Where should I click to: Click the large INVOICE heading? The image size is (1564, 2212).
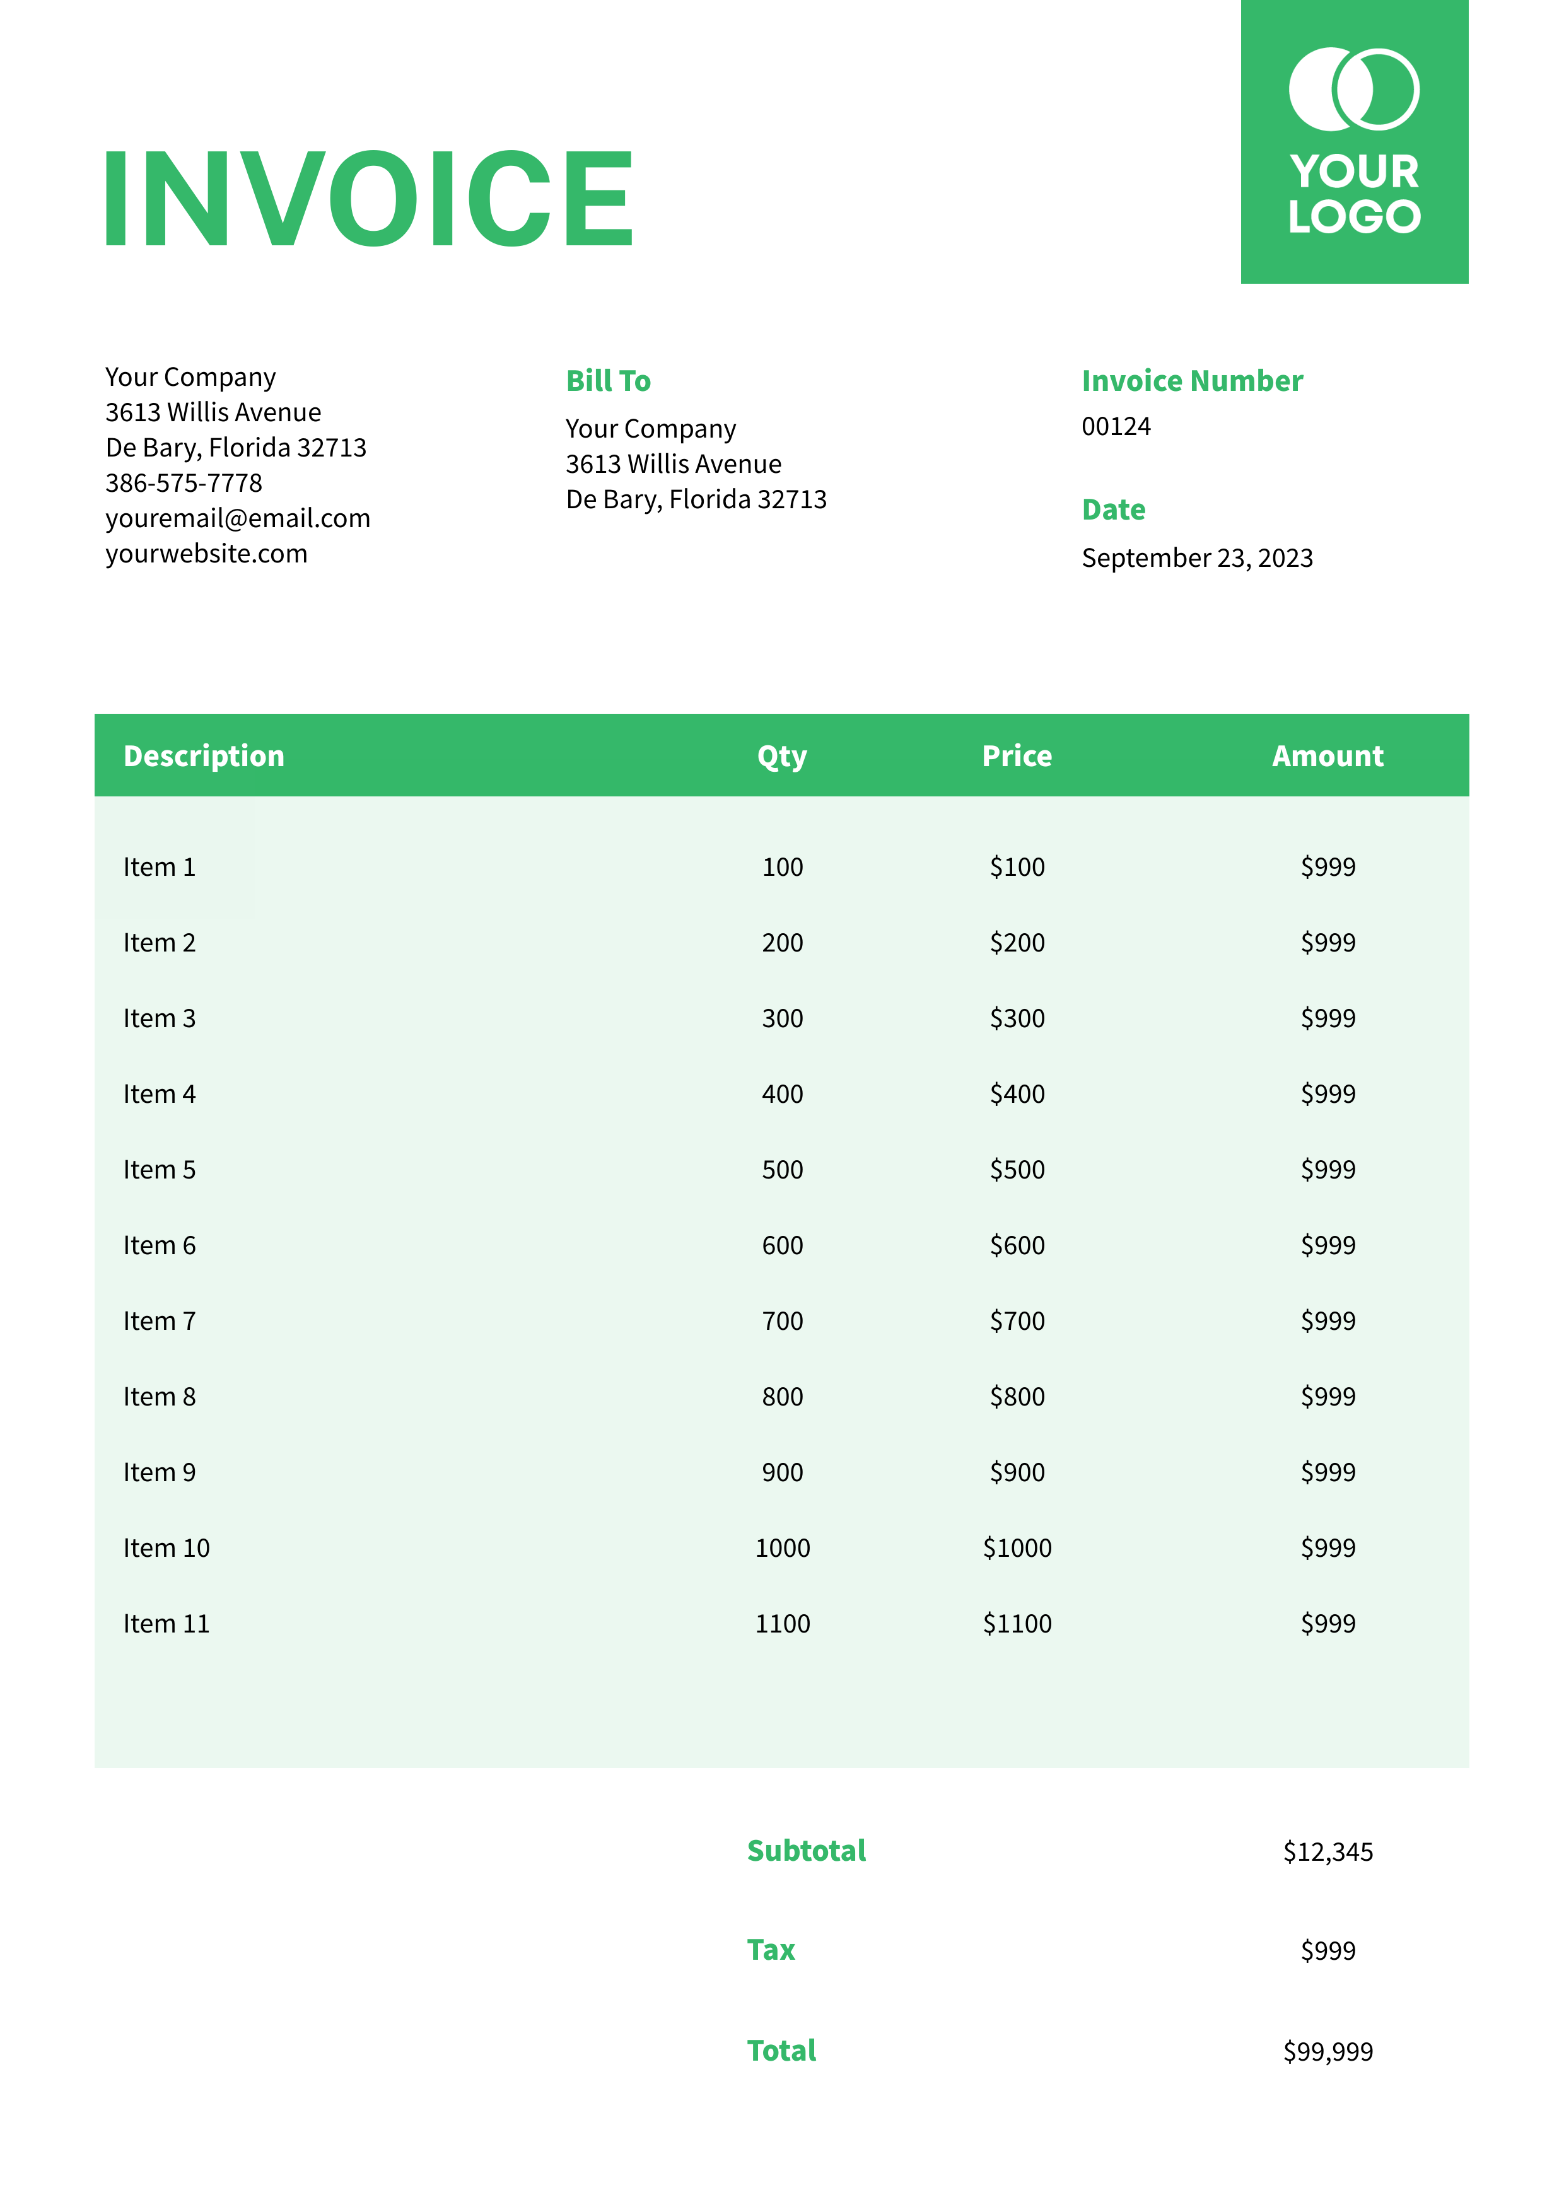368,199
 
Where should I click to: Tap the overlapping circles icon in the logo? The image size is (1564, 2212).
1354,89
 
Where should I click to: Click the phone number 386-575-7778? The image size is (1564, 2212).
184,482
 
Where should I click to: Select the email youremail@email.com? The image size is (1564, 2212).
238,518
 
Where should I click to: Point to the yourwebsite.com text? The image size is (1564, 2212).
206,554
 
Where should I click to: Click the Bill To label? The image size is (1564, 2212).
608,381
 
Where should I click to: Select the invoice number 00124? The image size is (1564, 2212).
1116,427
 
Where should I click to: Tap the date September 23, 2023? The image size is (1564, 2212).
1197,558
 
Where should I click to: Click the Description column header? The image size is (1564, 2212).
204,756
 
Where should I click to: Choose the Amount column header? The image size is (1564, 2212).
1327,756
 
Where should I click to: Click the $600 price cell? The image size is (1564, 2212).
1017,1246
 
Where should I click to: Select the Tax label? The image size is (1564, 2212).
771,1950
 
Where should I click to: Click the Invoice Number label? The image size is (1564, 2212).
1192,381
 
